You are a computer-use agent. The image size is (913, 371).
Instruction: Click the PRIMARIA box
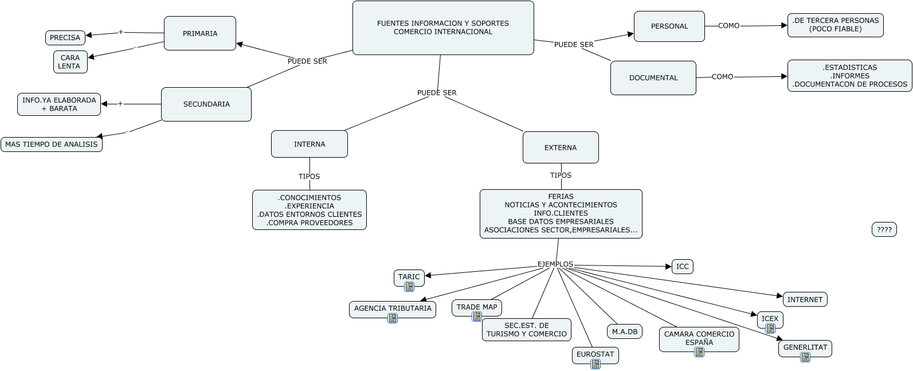tap(200, 33)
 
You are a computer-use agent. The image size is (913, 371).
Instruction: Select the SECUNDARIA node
tap(206, 104)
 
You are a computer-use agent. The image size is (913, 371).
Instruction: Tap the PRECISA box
tap(65, 38)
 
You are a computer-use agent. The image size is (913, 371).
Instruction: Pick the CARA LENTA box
tap(70, 62)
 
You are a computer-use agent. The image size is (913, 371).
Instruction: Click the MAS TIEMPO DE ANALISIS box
tap(52, 145)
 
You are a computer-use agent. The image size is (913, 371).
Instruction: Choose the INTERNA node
tap(309, 144)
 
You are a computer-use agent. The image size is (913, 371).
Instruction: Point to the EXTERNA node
tap(561, 147)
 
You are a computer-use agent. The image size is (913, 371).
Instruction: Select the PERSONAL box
tap(669, 26)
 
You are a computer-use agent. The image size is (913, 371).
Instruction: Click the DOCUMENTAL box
tap(653, 78)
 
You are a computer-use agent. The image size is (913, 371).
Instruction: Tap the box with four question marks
tap(884, 229)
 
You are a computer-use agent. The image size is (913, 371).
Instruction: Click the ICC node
tap(682, 267)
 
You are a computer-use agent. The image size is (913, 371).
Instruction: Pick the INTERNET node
tap(805, 299)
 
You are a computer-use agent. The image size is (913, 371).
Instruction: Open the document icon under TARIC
tap(409, 287)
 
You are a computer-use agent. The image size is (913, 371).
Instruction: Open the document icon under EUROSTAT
tap(595, 364)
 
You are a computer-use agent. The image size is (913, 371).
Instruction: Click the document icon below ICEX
tap(770, 329)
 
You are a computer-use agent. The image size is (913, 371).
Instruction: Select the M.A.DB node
tap(625, 331)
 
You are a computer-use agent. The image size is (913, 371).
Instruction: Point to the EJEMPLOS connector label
tap(555, 264)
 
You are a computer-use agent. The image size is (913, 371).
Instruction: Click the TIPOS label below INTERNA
tap(309, 177)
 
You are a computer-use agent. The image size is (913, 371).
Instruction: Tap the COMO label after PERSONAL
tap(728, 26)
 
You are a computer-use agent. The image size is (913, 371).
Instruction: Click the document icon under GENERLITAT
tap(805, 357)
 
